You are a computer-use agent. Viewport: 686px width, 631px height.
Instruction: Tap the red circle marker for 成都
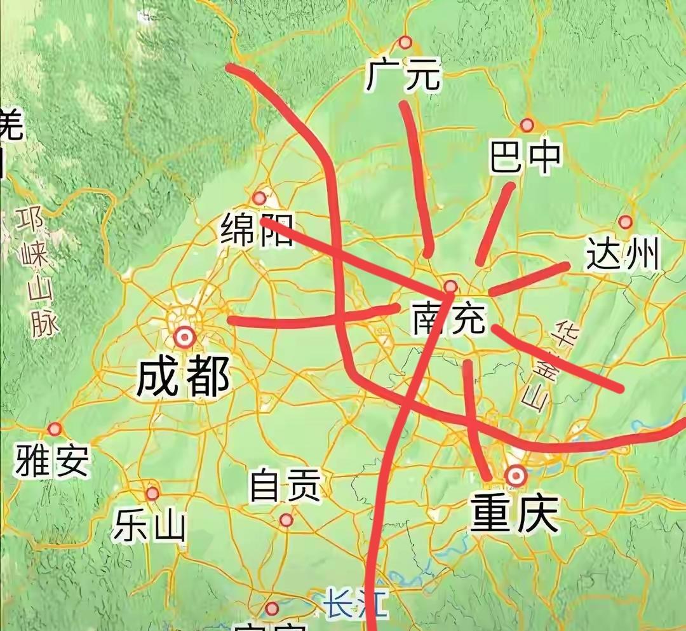click(x=185, y=336)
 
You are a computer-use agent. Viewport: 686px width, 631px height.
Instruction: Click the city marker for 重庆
click(x=515, y=475)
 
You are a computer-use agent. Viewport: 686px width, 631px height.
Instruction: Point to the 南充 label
click(x=448, y=318)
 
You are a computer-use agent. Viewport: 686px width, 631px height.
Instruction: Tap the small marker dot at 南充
click(x=450, y=286)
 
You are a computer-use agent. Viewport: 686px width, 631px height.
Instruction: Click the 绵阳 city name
click(x=257, y=230)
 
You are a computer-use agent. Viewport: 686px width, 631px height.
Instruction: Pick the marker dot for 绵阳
click(x=259, y=198)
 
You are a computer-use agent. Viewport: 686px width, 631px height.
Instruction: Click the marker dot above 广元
click(x=405, y=43)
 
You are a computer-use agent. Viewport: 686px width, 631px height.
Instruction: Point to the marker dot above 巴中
click(x=527, y=125)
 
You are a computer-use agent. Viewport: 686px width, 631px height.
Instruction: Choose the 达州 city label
click(x=623, y=254)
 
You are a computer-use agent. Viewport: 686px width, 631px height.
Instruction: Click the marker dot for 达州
click(x=626, y=222)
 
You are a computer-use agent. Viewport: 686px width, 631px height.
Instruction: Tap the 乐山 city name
click(x=150, y=526)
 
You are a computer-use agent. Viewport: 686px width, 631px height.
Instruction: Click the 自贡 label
click(x=285, y=486)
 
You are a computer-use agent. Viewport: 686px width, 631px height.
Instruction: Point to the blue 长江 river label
click(x=356, y=604)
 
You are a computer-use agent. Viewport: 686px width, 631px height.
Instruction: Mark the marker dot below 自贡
click(x=286, y=520)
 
